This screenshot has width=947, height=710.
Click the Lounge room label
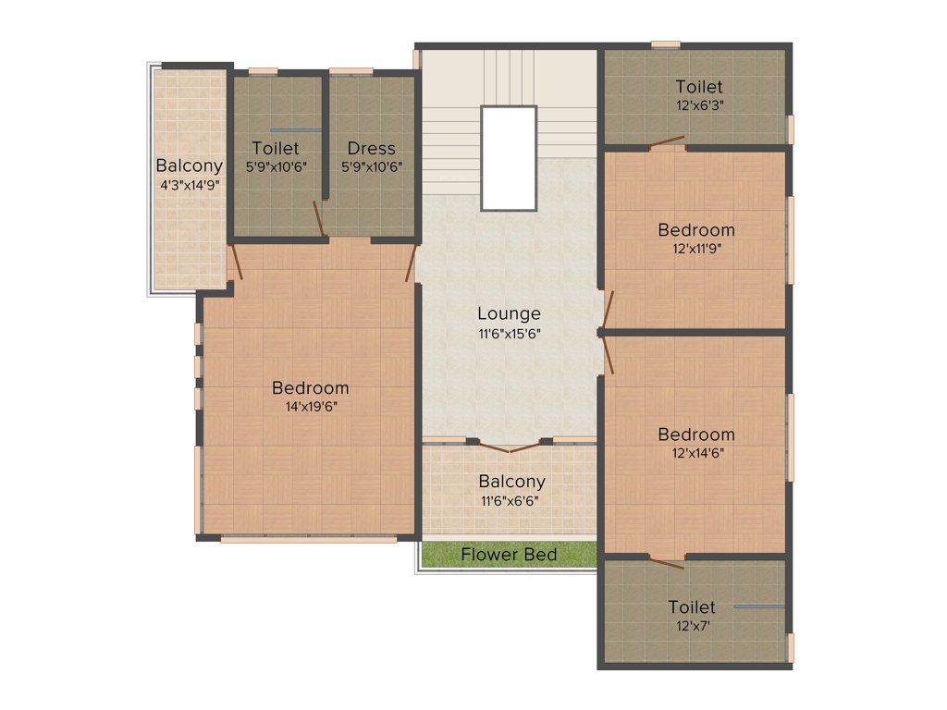tap(509, 313)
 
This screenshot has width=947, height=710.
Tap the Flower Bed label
tap(509, 555)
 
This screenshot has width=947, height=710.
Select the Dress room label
tap(372, 148)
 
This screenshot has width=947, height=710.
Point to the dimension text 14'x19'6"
tap(311, 406)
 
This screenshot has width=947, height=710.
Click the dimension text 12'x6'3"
tap(698, 105)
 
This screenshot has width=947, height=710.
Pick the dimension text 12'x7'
tap(692, 625)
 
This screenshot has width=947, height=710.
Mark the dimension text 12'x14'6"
tap(696, 452)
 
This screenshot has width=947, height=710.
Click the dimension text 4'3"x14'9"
tap(189, 184)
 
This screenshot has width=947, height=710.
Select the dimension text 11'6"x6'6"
tap(510, 500)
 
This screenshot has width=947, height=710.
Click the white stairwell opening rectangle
tap(508, 158)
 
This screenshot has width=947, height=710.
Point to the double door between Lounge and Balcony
tap(510, 447)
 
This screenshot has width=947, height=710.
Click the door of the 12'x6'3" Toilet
tap(667, 143)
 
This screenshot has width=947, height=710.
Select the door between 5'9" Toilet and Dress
tap(320, 218)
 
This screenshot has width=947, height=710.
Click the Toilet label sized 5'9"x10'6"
tap(275, 148)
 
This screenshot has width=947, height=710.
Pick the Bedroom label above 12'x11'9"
tap(696, 229)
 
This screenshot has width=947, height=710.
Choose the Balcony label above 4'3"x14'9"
tap(189, 166)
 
